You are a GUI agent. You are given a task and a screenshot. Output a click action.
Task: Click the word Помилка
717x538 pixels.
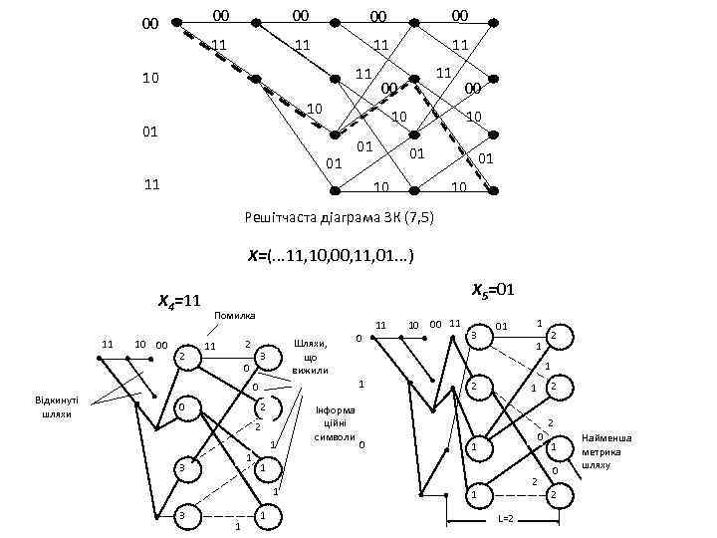coord(236,315)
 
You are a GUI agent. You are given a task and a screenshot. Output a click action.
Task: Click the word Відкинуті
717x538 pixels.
coord(56,402)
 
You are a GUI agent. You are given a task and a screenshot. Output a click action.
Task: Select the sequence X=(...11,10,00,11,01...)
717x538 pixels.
coord(332,256)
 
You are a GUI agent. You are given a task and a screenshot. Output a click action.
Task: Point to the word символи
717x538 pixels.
coord(334,437)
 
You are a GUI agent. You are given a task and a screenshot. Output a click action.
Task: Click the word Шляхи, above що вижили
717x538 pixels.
coord(310,344)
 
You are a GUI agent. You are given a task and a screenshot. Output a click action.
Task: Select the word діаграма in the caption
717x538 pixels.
coord(352,216)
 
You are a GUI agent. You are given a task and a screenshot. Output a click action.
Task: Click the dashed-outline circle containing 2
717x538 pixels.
coord(261,407)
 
